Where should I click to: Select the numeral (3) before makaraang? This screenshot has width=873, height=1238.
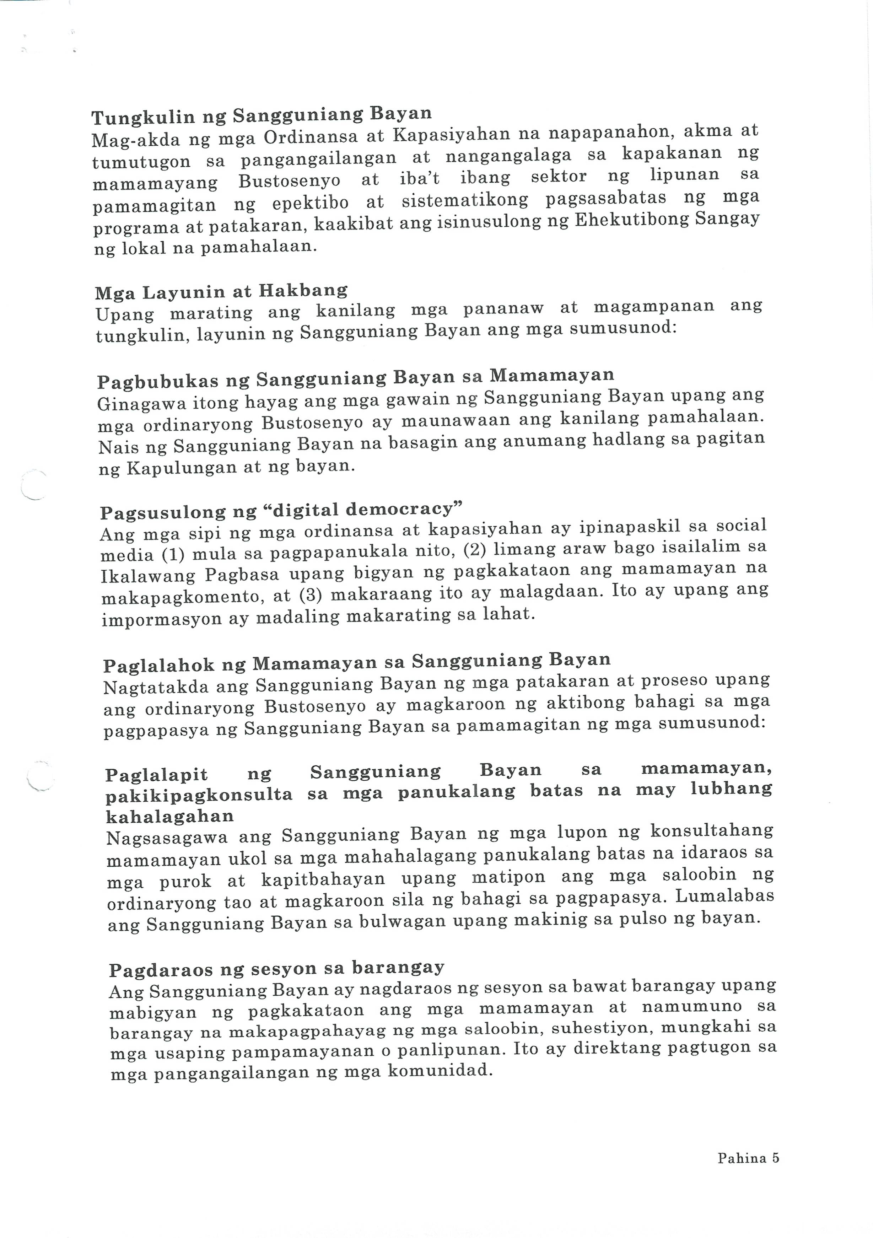pyautogui.click(x=309, y=595)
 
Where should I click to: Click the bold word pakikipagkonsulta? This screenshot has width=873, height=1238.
pyautogui.click(x=199, y=795)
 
